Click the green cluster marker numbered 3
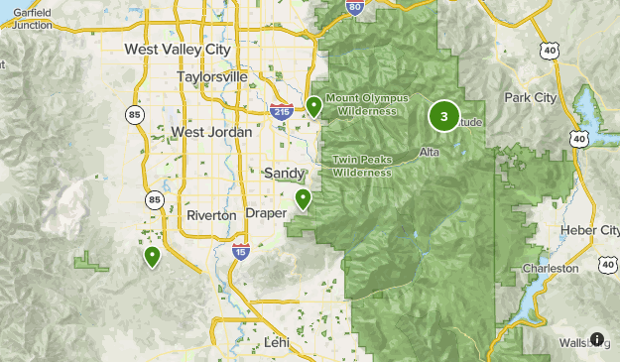(443, 117)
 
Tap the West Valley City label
(177, 50)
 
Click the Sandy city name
(286, 173)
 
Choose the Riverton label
(211, 214)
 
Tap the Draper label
(266, 214)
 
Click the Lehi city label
(277, 342)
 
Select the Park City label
(531, 98)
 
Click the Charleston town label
(551, 269)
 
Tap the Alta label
(430, 152)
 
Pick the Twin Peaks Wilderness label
(362, 165)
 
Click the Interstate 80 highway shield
(355, 8)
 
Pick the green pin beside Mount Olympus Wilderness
(313, 105)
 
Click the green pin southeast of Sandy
(303, 199)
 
